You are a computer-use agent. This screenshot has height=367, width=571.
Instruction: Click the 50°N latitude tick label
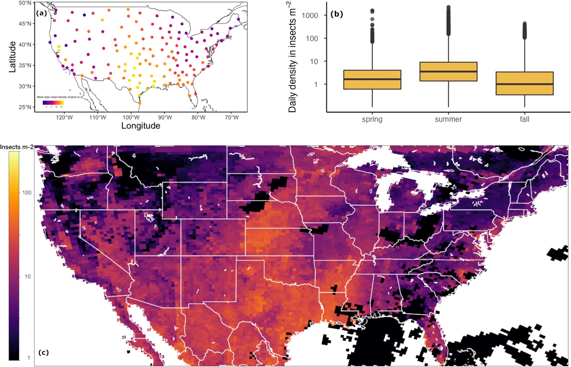pyautogui.click(x=25, y=3)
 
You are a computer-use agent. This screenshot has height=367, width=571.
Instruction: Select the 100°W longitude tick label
pyautogui.click(x=131, y=118)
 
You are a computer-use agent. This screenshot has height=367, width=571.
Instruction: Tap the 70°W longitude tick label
pyautogui.click(x=232, y=118)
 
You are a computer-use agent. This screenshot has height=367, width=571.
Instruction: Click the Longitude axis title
pyautogui.click(x=141, y=126)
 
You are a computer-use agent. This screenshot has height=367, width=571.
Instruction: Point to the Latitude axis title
pyautogui.click(x=12, y=57)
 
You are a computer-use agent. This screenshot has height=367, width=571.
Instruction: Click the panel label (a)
pyautogui.click(x=41, y=13)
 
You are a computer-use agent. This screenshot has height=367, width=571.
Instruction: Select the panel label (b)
pyautogui.click(x=336, y=14)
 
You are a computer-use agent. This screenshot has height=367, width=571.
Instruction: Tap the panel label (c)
pyautogui.click(x=43, y=352)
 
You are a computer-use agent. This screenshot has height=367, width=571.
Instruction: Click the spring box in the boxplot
pyautogui.click(x=372, y=80)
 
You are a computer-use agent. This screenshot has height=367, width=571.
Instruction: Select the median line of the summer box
pyautogui.click(x=448, y=72)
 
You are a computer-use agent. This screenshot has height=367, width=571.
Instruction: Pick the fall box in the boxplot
pyautogui.click(x=524, y=83)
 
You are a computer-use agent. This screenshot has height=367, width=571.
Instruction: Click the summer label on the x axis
pyautogui.click(x=448, y=119)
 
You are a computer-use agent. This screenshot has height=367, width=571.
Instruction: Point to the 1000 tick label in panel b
pyautogui.click(x=310, y=16)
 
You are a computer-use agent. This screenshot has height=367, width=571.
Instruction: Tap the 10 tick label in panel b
pyautogui.click(x=314, y=62)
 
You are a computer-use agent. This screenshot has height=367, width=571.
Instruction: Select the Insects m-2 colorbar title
pyautogui.click(x=17, y=147)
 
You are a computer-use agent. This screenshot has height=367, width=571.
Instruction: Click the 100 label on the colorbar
pyautogui.click(x=27, y=192)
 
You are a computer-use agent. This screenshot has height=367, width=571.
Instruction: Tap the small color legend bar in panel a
pyautogui.click(x=53, y=103)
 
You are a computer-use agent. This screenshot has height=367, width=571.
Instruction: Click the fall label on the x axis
pyautogui.click(x=524, y=119)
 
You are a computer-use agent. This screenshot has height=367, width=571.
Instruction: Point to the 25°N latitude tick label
pyautogui.click(x=25, y=107)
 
